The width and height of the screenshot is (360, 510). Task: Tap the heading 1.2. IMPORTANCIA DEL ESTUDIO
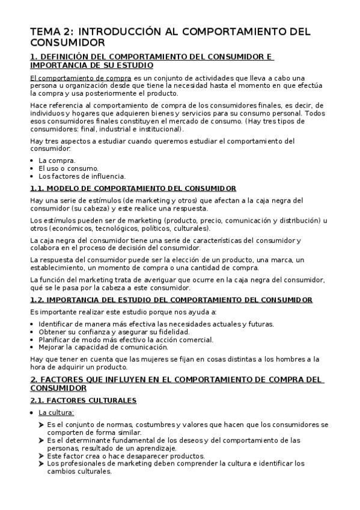[171, 300]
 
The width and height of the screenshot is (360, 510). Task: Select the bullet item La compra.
[56, 161]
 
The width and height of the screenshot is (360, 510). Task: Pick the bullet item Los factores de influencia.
[82, 176]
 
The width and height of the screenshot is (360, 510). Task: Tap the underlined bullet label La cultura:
[56, 413]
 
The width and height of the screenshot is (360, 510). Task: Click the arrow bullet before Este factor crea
[42, 456]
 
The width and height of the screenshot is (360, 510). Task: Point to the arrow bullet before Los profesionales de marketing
[42, 464]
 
